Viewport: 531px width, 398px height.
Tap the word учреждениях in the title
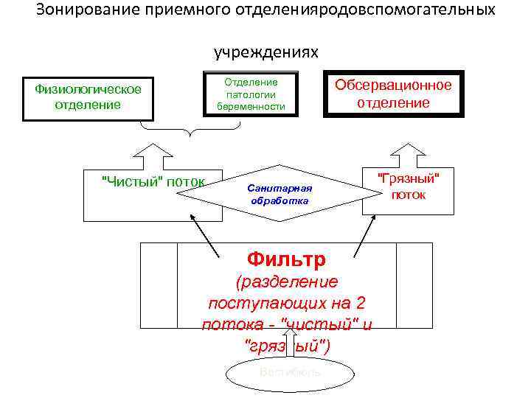266,52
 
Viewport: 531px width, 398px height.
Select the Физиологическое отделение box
88,97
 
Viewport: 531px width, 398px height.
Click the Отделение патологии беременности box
251,94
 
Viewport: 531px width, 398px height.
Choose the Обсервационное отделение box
393,94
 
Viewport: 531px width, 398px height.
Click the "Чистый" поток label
153,182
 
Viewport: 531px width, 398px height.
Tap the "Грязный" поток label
408,186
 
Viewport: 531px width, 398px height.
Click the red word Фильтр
287,259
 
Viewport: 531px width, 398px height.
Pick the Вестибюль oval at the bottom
290,373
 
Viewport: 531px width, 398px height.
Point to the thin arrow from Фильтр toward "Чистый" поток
204,234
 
